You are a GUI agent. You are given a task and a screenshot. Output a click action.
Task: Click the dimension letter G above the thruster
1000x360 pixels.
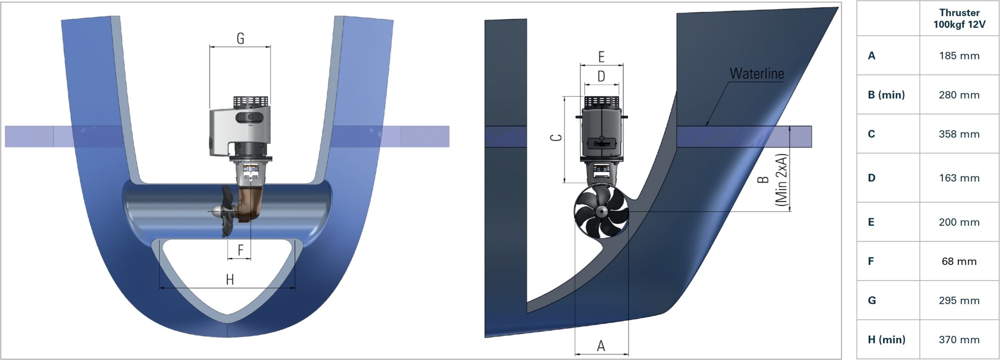(x=240, y=39)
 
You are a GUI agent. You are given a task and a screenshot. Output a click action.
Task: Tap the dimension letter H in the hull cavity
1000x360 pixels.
(x=230, y=280)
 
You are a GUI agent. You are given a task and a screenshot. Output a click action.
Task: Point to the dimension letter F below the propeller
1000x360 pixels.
(x=240, y=250)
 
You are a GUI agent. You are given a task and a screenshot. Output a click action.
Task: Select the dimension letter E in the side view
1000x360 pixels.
(x=602, y=57)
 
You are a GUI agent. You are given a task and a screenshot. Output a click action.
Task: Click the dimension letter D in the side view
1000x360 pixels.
(x=602, y=77)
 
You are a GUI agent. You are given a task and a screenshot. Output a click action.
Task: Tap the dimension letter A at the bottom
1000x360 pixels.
(x=601, y=346)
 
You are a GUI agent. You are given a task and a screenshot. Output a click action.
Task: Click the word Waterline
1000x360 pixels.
(x=757, y=74)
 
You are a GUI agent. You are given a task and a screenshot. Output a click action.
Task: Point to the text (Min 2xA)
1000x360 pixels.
(x=781, y=180)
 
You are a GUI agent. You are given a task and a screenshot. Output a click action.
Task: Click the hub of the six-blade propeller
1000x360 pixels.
(x=601, y=211)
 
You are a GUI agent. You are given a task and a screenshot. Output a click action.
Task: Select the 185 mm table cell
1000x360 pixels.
(x=959, y=56)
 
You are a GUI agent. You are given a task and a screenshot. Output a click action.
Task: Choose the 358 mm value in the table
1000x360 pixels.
(x=959, y=134)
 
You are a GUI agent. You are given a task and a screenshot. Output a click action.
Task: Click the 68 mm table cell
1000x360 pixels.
(x=959, y=261)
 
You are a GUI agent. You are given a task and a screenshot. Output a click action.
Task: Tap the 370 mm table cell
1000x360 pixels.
(x=959, y=340)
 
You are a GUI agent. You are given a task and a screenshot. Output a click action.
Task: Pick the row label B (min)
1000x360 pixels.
(x=886, y=95)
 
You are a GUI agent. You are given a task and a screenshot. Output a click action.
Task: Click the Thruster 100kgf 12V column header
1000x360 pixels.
(x=959, y=19)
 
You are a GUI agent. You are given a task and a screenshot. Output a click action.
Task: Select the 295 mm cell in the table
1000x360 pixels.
(x=959, y=301)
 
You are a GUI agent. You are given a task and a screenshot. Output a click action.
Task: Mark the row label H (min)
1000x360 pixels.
(x=886, y=340)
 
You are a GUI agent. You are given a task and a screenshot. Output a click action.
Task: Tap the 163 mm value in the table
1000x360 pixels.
(x=959, y=178)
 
